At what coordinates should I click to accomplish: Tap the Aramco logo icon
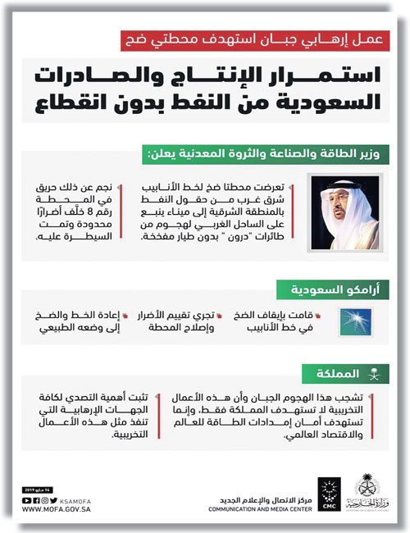pos(348,321)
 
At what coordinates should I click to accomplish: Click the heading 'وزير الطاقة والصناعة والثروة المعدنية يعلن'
pos(280,156)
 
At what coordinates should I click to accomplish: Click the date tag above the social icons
pos(36,489)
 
